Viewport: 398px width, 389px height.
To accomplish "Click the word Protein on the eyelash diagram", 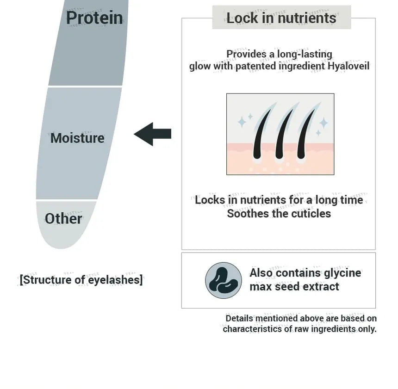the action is click(x=94, y=18).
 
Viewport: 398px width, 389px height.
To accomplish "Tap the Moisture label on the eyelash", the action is click(x=77, y=138).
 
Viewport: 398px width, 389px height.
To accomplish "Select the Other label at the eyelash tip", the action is click(x=63, y=218).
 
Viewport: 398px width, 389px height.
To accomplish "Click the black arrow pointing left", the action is click(x=152, y=134).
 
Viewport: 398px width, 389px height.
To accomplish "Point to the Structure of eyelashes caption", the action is click(x=81, y=280).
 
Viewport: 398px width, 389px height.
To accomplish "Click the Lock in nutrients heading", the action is click(x=281, y=18).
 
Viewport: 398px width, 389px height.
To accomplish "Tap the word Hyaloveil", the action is click(x=348, y=66).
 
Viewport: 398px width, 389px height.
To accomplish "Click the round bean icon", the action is click(x=224, y=280).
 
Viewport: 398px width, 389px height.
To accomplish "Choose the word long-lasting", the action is click(x=305, y=54).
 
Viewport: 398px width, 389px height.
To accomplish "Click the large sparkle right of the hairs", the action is click(x=323, y=123).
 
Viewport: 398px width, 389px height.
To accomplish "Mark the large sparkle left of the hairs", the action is click(x=242, y=122).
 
